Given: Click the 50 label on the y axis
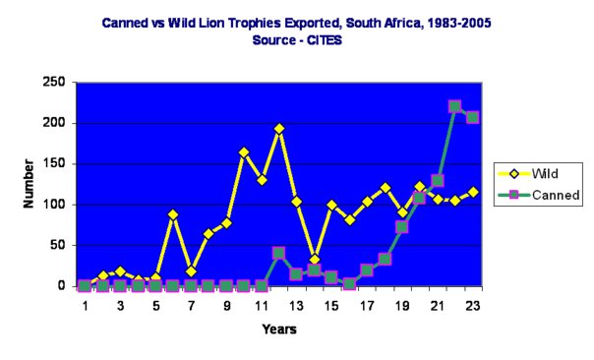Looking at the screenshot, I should pos(58,246).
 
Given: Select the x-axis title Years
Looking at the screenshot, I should pos(279,330).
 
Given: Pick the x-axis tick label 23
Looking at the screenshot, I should pos(473,305).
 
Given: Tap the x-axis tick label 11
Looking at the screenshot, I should pos(261,305).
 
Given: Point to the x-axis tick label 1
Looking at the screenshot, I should pos(85,305).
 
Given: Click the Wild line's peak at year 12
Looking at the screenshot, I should pos(279,129).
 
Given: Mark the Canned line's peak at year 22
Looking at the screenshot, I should pos(454,106).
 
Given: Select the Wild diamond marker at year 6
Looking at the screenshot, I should pos(173,214).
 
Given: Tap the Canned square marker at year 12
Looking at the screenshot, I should pos(279,253).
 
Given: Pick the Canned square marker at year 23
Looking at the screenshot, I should pos(472,117).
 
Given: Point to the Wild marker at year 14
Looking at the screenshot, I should pos(314,259).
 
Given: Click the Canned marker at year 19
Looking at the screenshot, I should pos(402,227).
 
